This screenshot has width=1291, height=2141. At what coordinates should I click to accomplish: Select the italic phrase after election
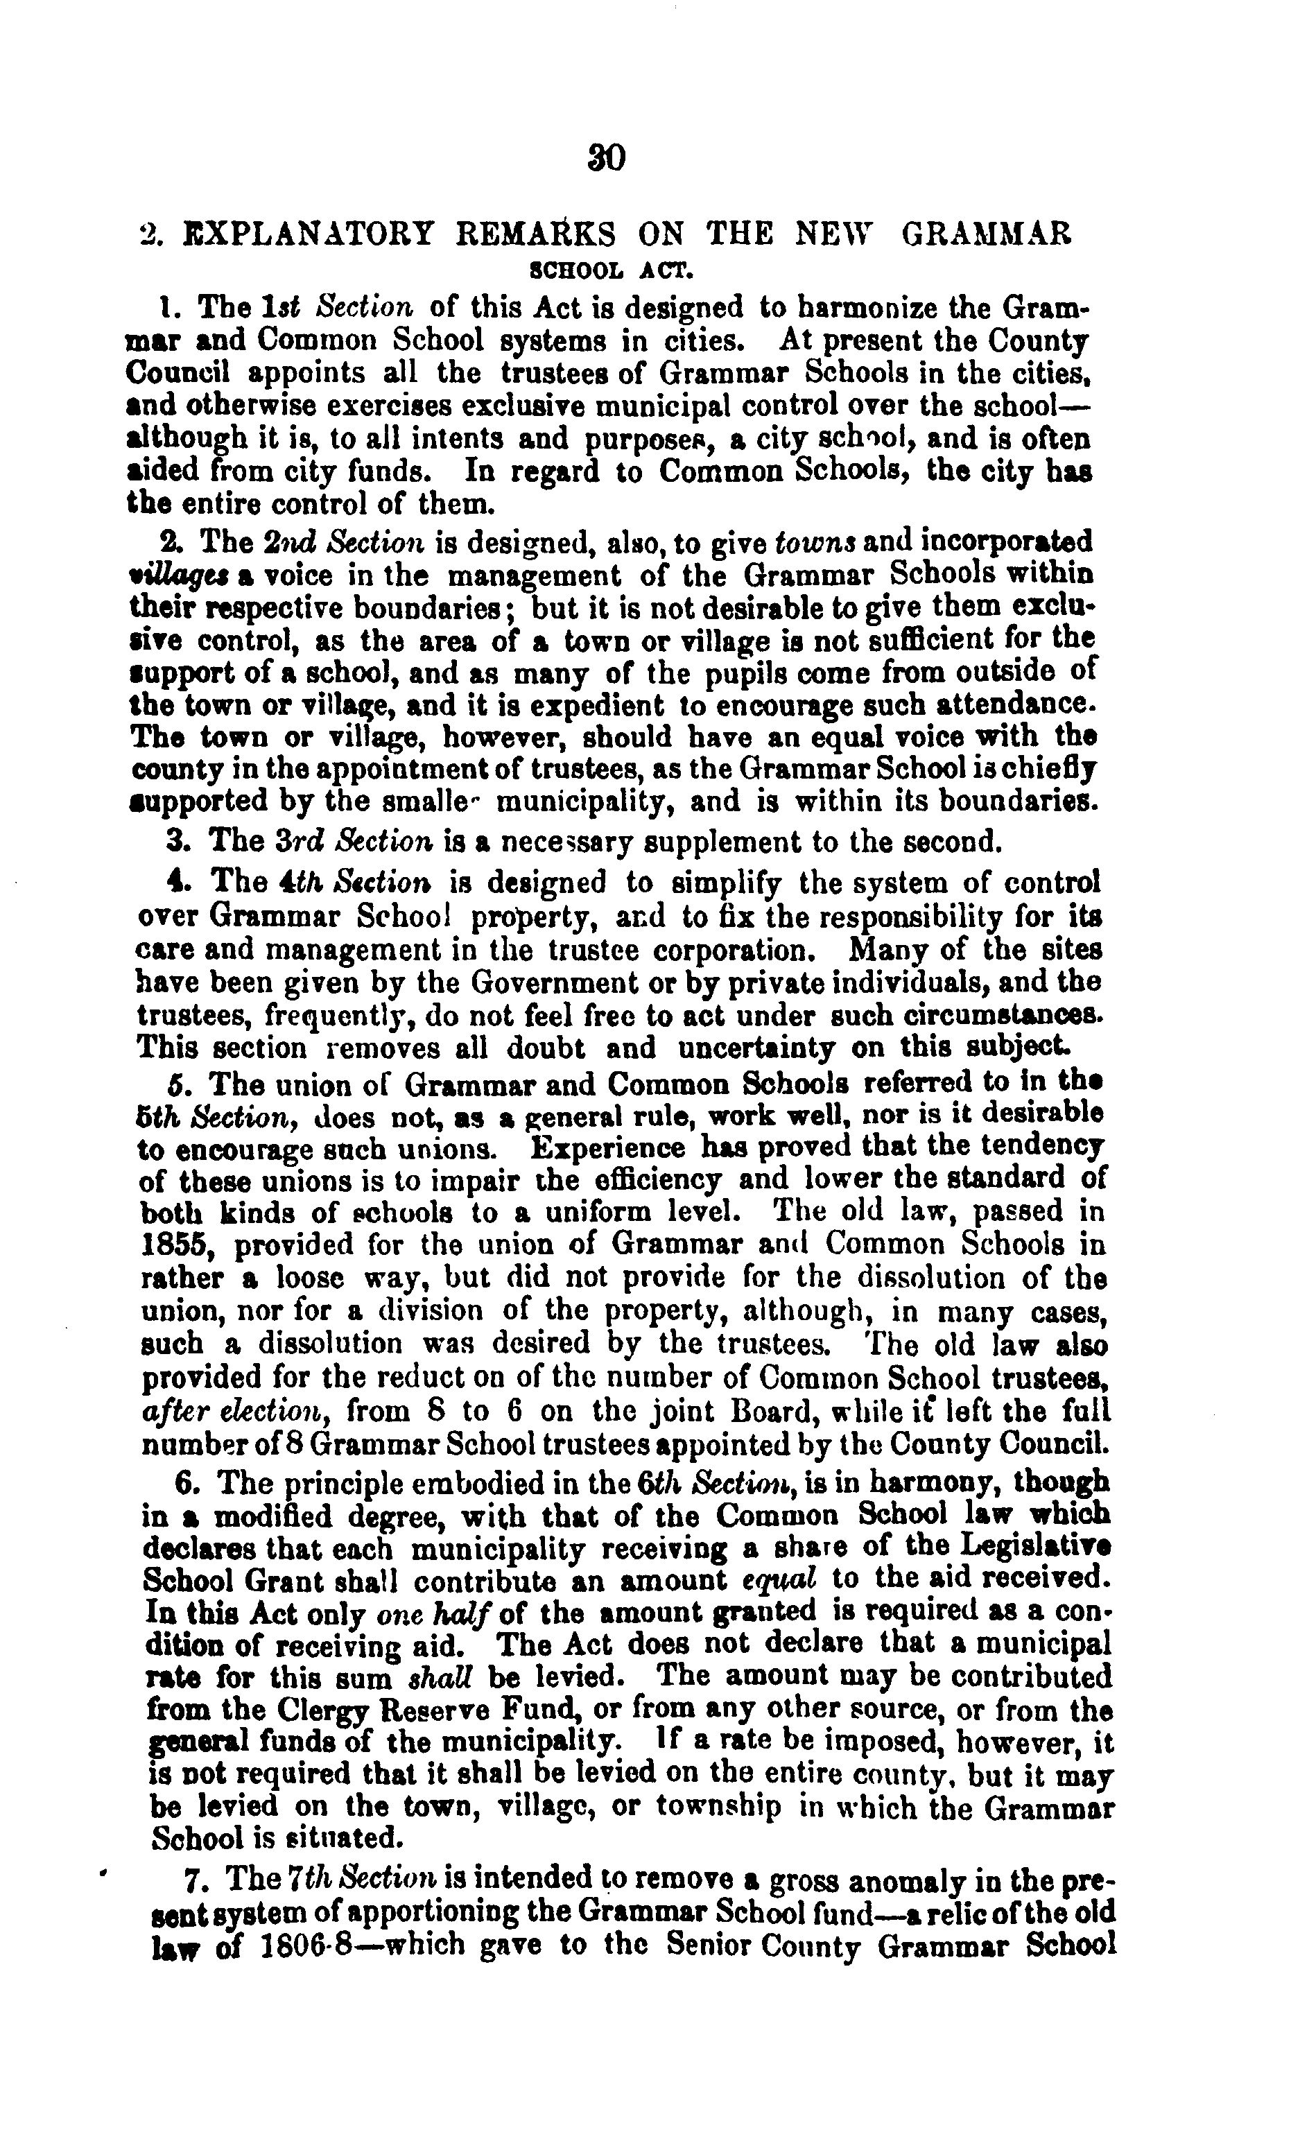(234, 1412)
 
